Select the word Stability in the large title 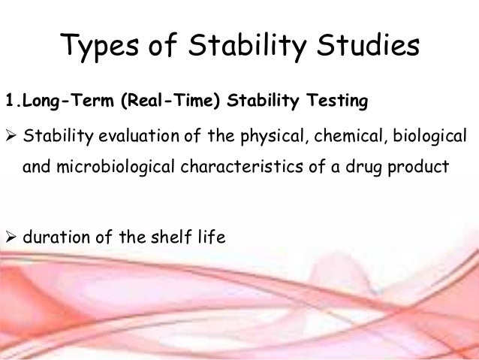(x=236, y=47)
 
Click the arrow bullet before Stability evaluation (x=11, y=137)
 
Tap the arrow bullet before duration (x=11, y=238)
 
